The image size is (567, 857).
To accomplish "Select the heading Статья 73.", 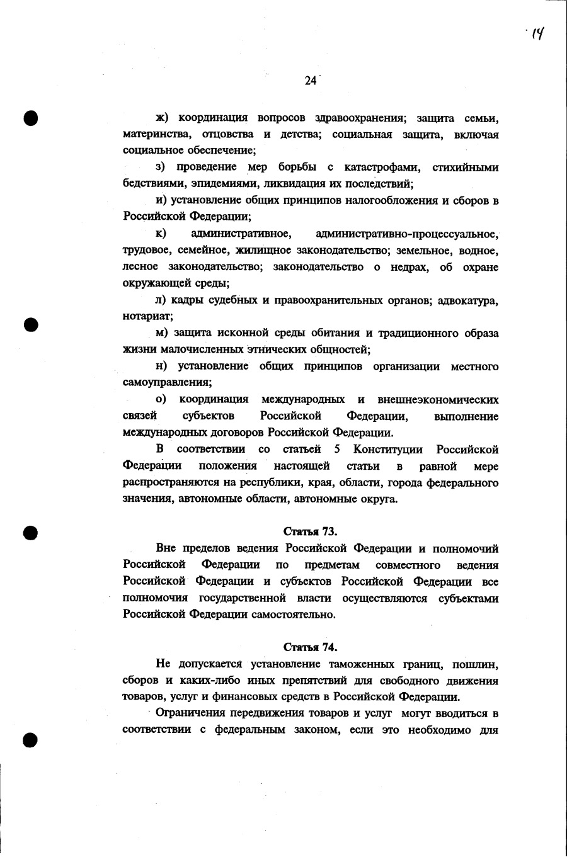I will click(x=311, y=531).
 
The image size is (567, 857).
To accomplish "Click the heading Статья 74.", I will click(x=311, y=647).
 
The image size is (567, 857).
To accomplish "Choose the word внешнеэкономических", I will click(x=438, y=400).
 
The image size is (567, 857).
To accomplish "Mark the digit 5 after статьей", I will click(x=338, y=450).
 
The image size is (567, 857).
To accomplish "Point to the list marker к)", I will click(x=161, y=234).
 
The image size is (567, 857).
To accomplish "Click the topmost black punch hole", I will click(x=31, y=118).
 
